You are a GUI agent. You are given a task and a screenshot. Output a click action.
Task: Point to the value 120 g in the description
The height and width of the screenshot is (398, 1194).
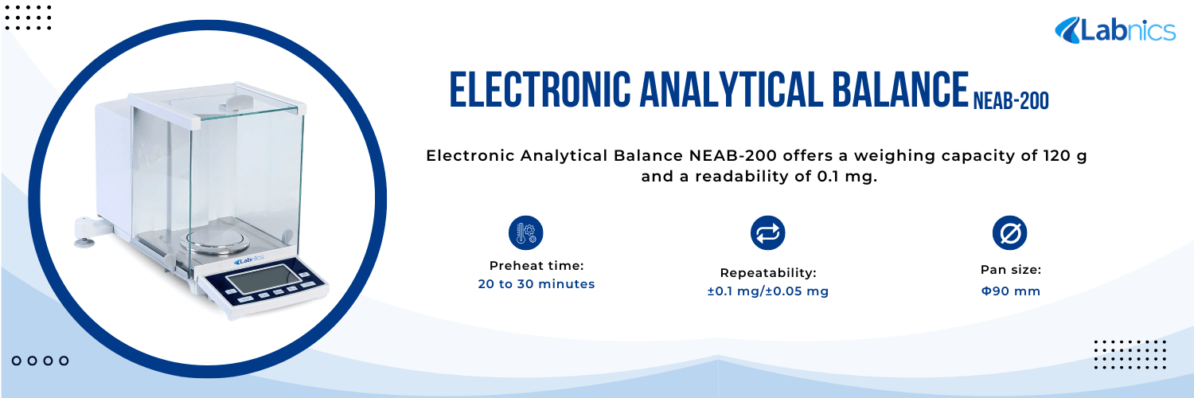click(1064, 156)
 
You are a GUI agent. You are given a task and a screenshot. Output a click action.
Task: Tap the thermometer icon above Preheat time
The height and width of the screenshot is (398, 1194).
click(525, 233)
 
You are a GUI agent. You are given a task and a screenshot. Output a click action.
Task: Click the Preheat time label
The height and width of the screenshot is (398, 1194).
click(537, 266)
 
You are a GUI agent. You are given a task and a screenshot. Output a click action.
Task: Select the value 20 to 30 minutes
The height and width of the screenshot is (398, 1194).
click(537, 284)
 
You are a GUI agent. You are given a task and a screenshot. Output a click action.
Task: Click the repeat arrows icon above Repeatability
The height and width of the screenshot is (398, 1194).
click(768, 232)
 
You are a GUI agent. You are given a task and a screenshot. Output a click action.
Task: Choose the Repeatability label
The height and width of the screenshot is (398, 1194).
click(768, 273)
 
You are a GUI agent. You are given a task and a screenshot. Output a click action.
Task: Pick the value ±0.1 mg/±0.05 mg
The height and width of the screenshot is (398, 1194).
click(768, 291)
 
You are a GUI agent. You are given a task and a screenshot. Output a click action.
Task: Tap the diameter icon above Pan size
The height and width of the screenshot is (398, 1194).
click(1010, 233)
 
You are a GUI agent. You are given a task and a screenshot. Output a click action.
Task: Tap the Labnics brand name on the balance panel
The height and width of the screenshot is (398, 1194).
click(253, 260)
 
